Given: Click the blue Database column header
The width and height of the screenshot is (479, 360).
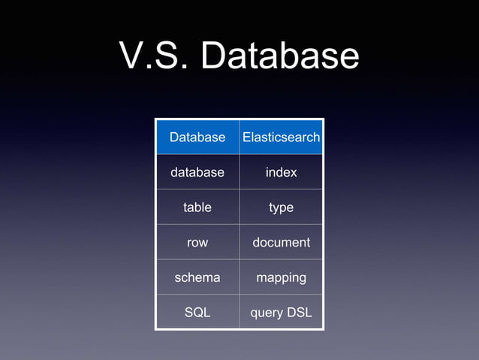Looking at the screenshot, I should [197, 138].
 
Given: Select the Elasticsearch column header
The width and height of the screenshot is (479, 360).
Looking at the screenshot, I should [281, 138].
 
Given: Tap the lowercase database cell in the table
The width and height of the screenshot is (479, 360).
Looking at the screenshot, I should [197, 172].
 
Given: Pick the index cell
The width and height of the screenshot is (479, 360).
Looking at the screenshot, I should [281, 172].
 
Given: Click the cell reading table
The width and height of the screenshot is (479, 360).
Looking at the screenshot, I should [197, 207].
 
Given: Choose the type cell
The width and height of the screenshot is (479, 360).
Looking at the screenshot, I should [281, 207].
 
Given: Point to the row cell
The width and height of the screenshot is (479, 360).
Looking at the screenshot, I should [197, 242].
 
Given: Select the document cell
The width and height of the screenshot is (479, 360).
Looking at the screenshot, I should [281, 242].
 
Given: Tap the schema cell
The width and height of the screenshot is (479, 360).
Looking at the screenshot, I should [197, 277].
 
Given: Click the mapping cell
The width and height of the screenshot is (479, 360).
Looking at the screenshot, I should [281, 277].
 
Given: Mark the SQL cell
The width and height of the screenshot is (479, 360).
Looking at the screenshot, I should [197, 312].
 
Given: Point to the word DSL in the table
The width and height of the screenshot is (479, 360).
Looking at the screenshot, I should [297, 312].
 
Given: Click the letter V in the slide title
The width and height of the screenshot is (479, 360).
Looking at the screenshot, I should [133, 56].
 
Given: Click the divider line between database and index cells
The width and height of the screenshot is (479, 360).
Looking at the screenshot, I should [239, 172].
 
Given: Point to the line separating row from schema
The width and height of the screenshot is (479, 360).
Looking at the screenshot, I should [197, 259].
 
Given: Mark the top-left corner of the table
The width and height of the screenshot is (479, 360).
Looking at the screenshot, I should [156, 119].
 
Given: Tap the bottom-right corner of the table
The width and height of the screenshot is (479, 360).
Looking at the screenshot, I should [323, 329].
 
